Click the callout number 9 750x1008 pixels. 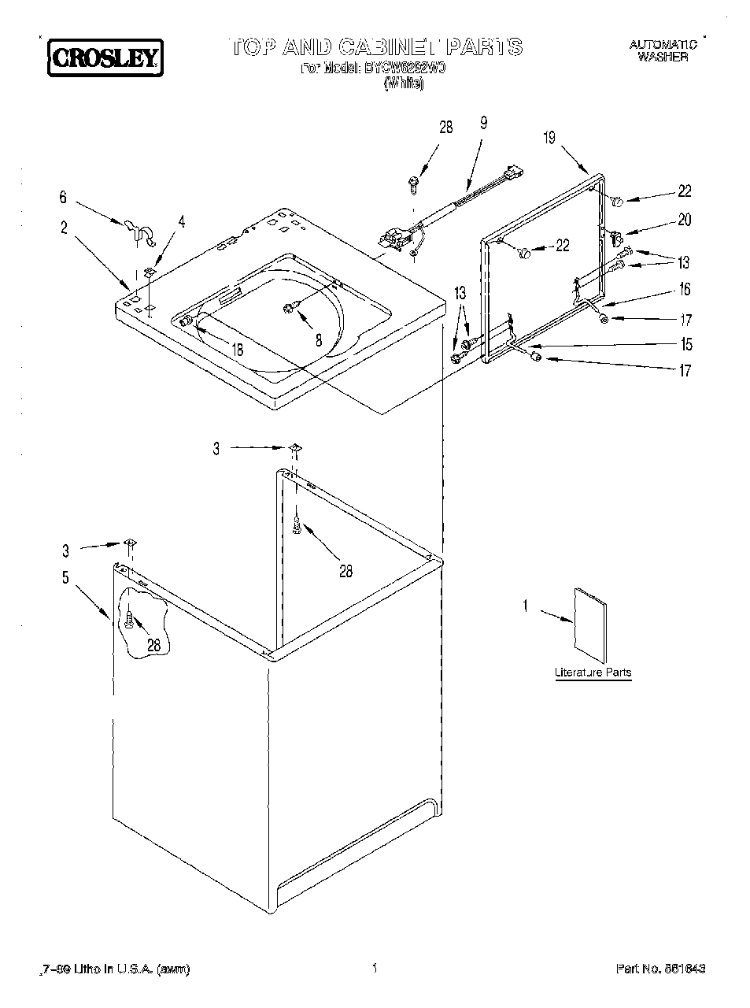pos(483,122)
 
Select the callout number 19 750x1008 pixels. pos(549,139)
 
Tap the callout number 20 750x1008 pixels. pos(685,220)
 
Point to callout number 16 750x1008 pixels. pos(685,290)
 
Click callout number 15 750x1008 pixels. pos(686,344)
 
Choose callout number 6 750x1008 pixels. pos(64,198)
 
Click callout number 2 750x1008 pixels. pos(64,229)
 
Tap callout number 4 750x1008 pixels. pos(182,223)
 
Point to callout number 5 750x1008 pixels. pos(65,578)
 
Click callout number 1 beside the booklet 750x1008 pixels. pos(526,605)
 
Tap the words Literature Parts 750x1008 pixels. pos(593,673)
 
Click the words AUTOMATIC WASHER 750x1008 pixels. pos(663,51)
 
